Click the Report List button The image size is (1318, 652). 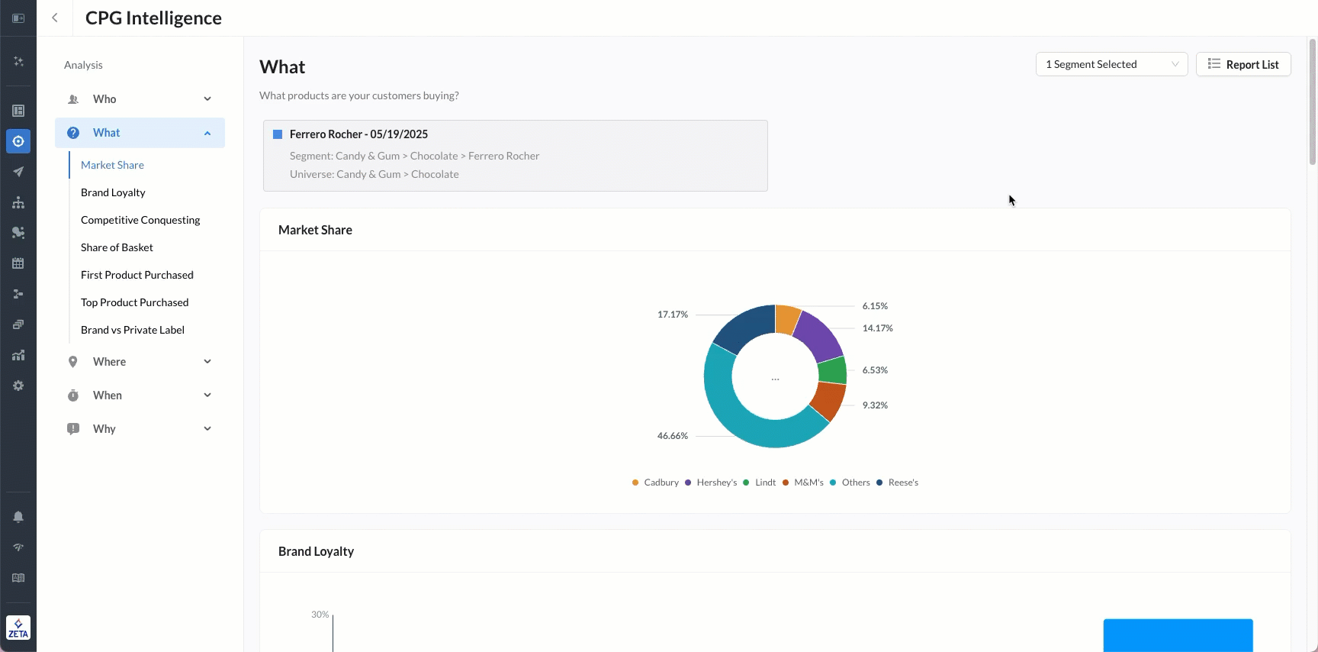pos(1243,64)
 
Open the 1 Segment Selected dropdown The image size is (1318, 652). pos(1111,64)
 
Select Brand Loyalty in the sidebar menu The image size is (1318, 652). pos(113,192)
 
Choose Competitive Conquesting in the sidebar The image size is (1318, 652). pos(140,220)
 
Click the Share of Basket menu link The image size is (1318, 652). pos(117,247)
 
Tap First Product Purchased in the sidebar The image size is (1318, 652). pos(137,275)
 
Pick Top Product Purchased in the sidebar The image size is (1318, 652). pos(134,302)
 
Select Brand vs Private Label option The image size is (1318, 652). pos(133,330)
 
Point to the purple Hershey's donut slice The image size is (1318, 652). pos(818,334)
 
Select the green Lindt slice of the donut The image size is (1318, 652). pos(832,370)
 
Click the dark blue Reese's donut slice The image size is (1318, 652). pos(744,326)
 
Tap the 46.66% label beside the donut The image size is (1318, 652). pos(672,436)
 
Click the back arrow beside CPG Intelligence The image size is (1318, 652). pos(55,18)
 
